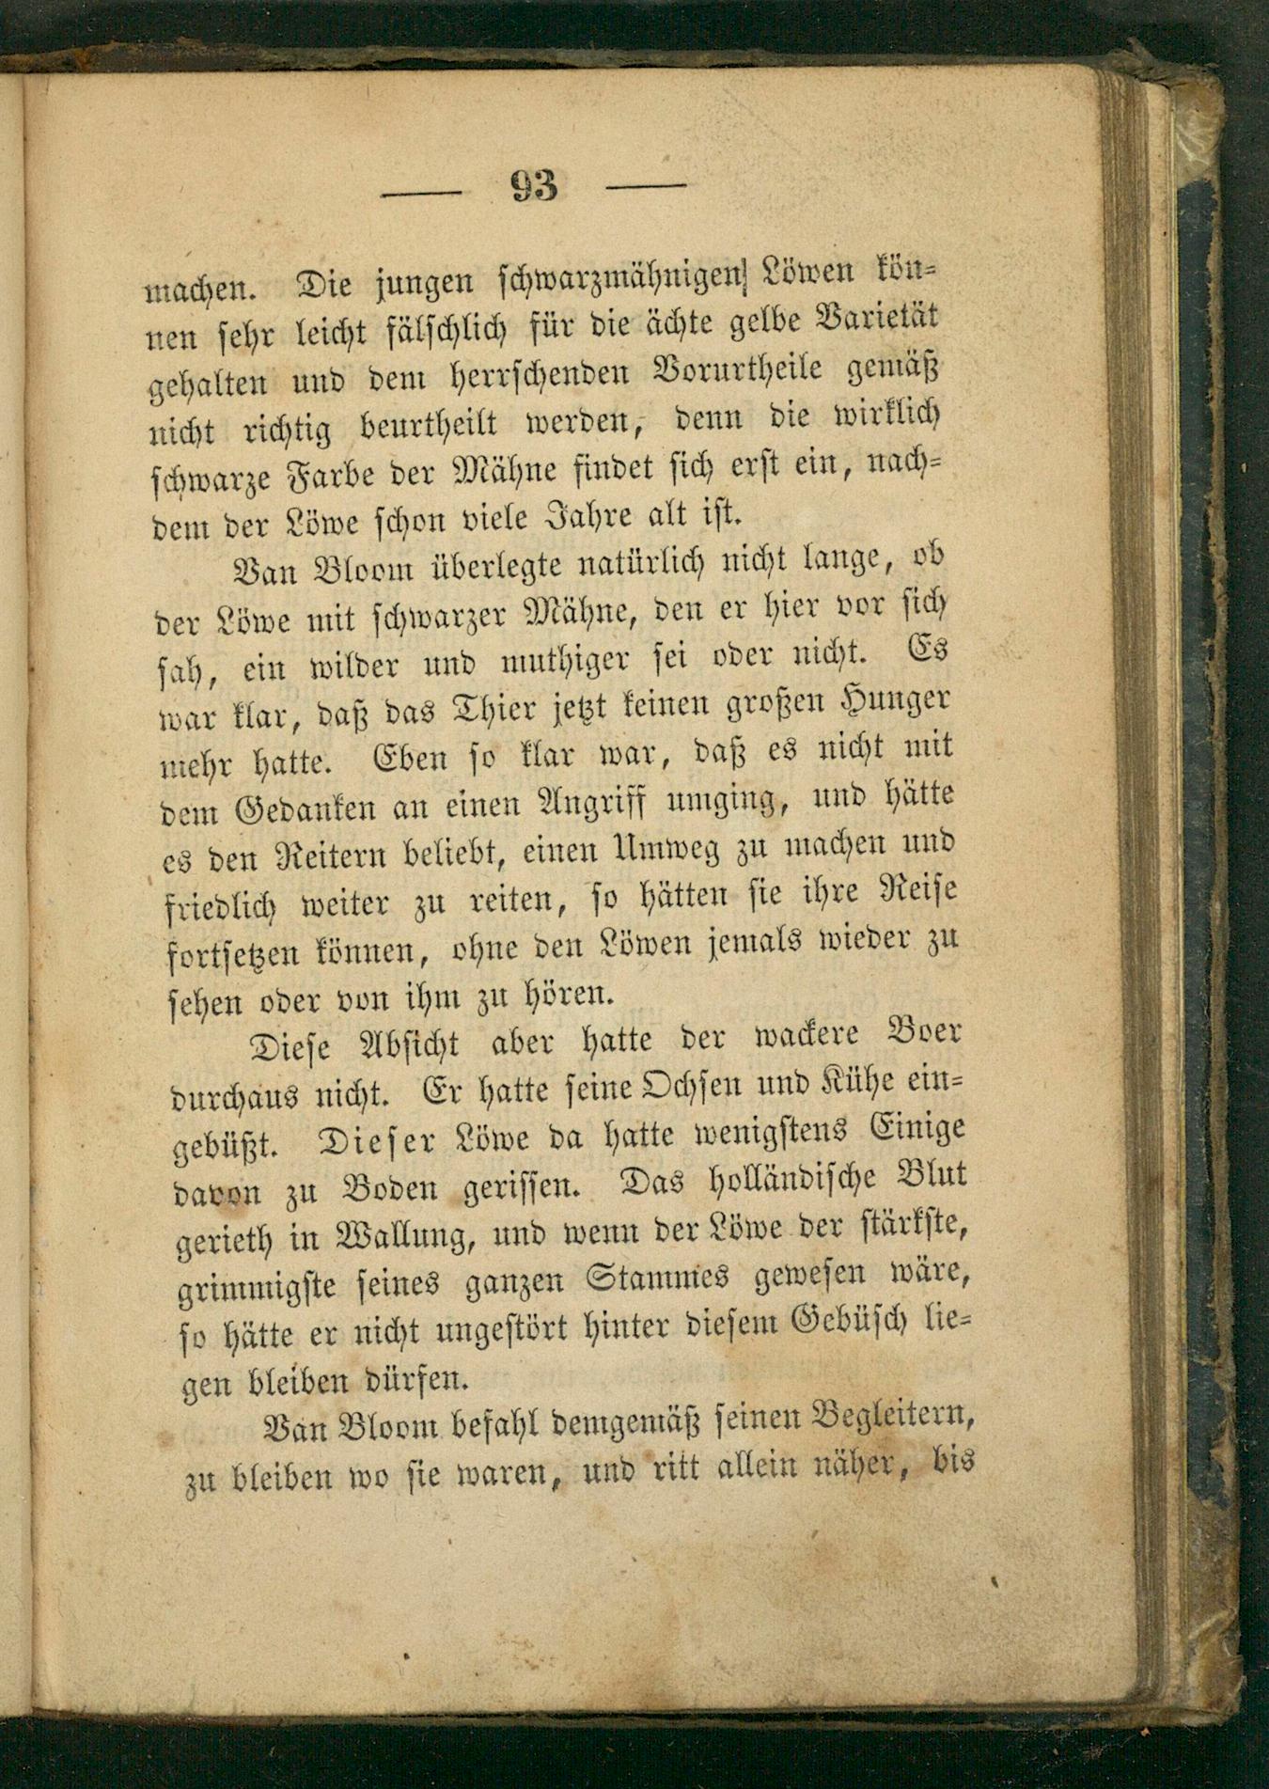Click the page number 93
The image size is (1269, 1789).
point(534,186)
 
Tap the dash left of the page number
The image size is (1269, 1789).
point(421,194)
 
